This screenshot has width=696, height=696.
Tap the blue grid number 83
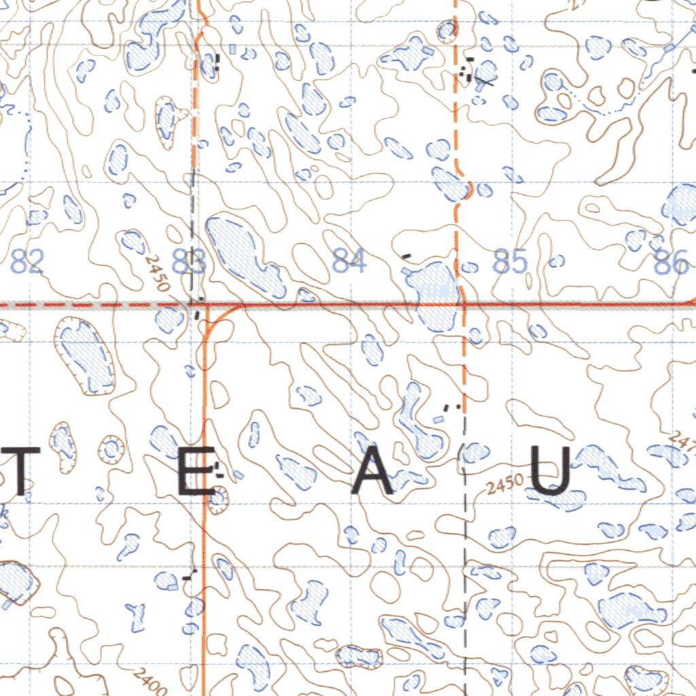point(188,262)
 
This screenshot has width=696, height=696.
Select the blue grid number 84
point(349,262)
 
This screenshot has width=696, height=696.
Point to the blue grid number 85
point(510,262)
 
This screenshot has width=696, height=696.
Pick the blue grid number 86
point(670,263)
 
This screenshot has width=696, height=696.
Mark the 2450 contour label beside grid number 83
point(156,273)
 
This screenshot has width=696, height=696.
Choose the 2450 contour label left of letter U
point(505,485)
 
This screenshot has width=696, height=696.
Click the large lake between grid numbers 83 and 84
point(243,255)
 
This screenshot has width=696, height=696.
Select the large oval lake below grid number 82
point(85,355)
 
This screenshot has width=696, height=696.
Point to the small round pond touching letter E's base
point(218,500)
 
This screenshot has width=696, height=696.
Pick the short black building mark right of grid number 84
point(406,256)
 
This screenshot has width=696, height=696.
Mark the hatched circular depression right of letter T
point(110,449)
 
